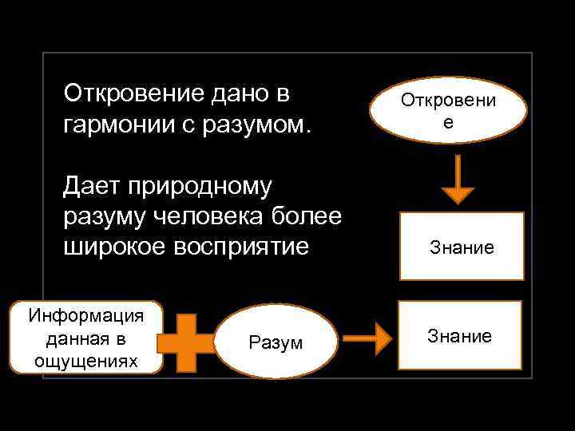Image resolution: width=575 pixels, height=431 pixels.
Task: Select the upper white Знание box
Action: [462, 247]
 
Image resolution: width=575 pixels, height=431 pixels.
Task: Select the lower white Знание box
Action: [459, 335]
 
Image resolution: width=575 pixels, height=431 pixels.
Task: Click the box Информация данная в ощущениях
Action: [86, 338]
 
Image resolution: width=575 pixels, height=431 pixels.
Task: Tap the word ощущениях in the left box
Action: [86, 361]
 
